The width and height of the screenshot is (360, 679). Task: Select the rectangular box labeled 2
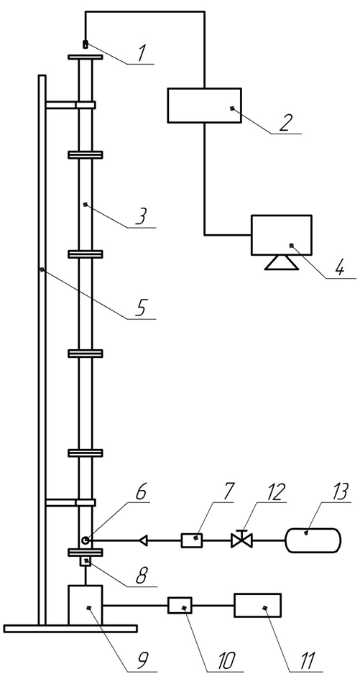(204, 105)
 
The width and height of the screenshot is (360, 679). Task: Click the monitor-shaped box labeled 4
(281, 234)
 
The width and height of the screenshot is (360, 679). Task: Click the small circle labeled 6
(86, 540)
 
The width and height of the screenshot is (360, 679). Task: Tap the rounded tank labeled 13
(313, 540)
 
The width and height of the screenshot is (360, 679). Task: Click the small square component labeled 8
(86, 562)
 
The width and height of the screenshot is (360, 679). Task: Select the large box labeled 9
(86, 605)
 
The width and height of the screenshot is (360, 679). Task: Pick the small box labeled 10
(180, 605)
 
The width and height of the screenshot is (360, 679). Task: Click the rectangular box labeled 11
(257, 605)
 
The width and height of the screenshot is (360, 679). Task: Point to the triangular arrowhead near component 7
(143, 540)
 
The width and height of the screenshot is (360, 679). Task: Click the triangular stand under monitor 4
(281, 262)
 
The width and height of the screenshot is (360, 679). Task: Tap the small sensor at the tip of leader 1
(85, 44)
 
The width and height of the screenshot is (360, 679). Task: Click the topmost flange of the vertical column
(86, 57)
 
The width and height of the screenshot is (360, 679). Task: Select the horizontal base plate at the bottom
(70, 629)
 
